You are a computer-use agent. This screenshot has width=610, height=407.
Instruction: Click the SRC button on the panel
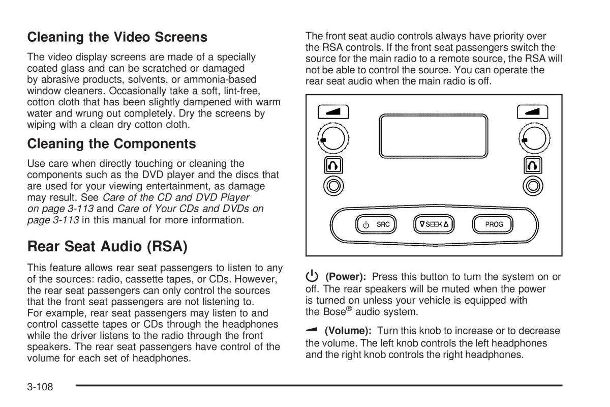tap(376, 224)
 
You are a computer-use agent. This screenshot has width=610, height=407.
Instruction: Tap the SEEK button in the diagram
tap(434, 224)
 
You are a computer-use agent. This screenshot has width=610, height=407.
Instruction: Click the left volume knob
tap(333, 138)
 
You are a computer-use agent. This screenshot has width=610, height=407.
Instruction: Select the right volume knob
tap(534, 138)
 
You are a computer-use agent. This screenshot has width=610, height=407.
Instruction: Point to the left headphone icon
tap(333, 165)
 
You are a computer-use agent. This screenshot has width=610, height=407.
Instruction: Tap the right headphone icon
tap(533, 165)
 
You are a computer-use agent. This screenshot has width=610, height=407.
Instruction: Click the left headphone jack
tap(333, 186)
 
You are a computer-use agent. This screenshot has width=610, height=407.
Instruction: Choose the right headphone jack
tap(533, 186)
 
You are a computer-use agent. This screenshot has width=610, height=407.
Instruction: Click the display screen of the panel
tap(434, 136)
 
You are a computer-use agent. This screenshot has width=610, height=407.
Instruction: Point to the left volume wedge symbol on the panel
tap(333, 112)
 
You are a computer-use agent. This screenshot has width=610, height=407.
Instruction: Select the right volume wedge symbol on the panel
tap(532, 112)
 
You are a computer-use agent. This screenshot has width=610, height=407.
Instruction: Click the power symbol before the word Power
tap(312, 276)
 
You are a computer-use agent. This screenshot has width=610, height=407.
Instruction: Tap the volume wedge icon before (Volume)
tap(312, 330)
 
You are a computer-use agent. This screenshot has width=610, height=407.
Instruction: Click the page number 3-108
tap(40, 387)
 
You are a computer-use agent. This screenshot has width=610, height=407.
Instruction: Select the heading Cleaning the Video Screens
tap(117, 37)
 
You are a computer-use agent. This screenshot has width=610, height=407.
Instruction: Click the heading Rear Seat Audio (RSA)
tap(108, 246)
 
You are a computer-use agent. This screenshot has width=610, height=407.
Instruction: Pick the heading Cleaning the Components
tap(112, 143)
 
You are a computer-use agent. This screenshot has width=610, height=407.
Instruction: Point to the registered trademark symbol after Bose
tap(349, 308)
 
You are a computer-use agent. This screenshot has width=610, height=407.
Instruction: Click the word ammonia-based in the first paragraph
tap(220, 79)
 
